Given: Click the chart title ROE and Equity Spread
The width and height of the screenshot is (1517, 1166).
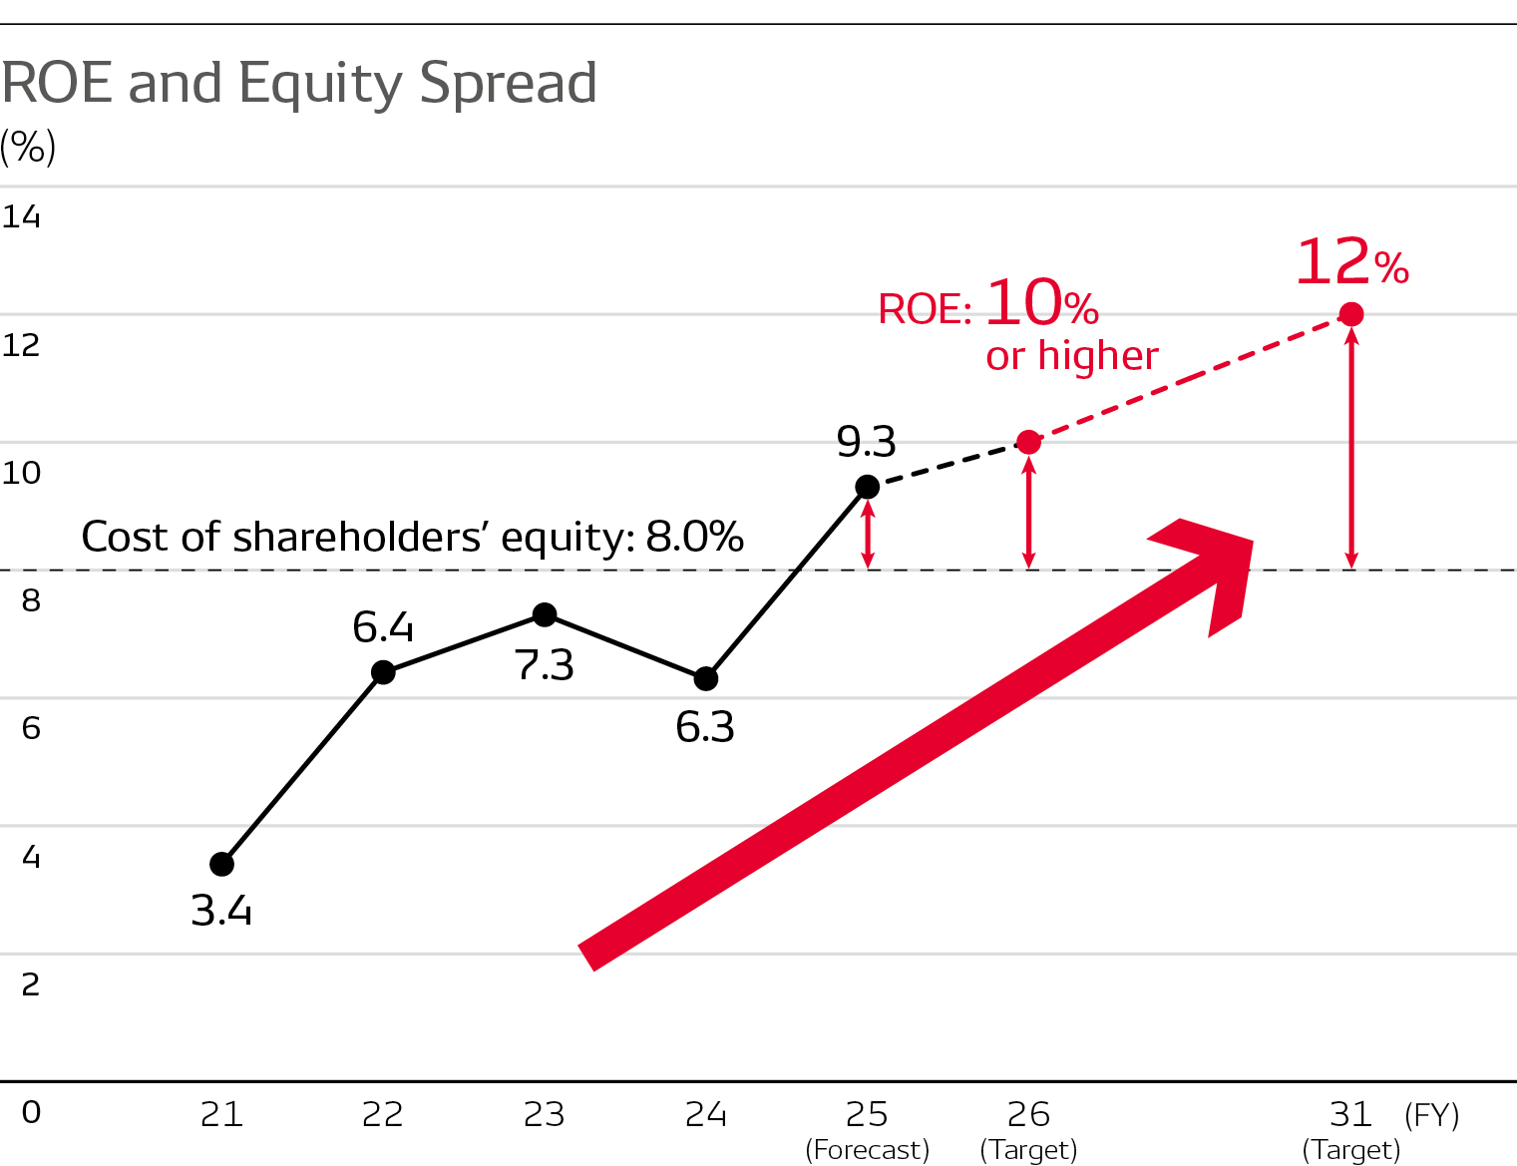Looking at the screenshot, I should pyautogui.click(x=299, y=83).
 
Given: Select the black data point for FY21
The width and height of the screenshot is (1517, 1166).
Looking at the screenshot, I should pyautogui.click(x=222, y=864).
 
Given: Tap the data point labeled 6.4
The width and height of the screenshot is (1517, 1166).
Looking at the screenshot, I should pyautogui.click(x=383, y=672).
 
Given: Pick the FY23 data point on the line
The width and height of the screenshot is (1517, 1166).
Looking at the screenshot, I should pyautogui.click(x=545, y=614).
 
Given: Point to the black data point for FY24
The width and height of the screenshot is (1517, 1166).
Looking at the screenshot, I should pyautogui.click(x=706, y=678).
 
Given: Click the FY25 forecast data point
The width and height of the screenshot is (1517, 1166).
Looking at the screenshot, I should pyautogui.click(x=868, y=487).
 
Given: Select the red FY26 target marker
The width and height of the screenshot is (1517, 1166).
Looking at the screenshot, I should pyautogui.click(x=1028, y=442).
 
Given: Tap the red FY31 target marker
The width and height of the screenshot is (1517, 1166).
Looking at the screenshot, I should pyautogui.click(x=1351, y=315).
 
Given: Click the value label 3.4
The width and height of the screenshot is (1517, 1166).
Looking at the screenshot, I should pyautogui.click(x=221, y=911).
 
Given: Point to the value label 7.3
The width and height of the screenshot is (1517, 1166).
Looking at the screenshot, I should pyautogui.click(x=545, y=665).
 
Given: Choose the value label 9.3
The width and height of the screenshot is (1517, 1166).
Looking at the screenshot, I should pyautogui.click(x=866, y=441).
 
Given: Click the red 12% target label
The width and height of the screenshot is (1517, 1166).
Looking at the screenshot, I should pyautogui.click(x=1351, y=262).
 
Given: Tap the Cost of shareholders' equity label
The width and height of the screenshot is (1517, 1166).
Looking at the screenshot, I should pyautogui.click(x=412, y=537).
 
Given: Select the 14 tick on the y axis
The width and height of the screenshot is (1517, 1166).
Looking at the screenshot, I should pyautogui.click(x=21, y=216).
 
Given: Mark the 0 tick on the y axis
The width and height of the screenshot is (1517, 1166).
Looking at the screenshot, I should pyautogui.click(x=31, y=1112).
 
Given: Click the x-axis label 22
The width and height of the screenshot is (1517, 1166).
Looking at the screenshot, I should pyautogui.click(x=383, y=1114).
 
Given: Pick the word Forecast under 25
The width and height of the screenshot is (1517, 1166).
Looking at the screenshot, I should pyautogui.click(x=867, y=1150).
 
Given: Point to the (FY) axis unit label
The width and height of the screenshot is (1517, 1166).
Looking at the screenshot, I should pyautogui.click(x=1431, y=1114).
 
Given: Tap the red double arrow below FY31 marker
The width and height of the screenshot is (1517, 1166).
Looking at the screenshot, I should pyautogui.click(x=1351, y=449).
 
